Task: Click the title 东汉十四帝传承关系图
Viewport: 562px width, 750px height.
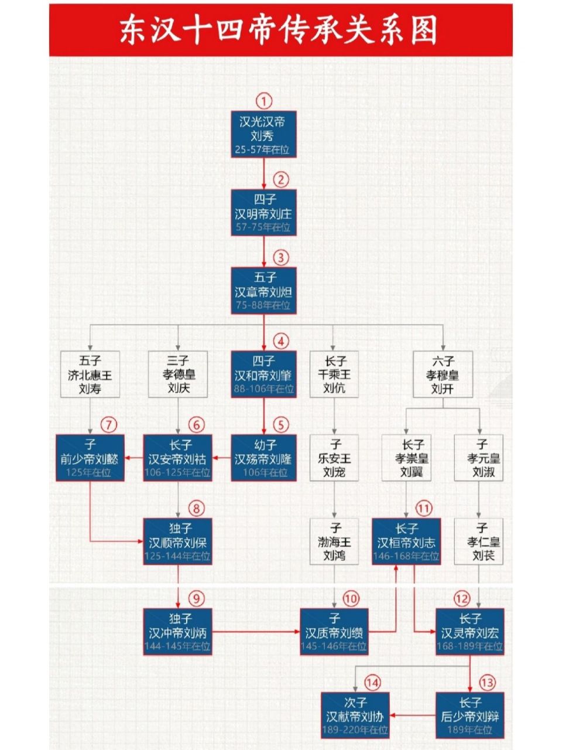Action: [280, 30]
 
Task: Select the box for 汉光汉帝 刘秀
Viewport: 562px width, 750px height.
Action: [263, 135]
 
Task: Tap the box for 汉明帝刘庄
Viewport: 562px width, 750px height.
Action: [263, 213]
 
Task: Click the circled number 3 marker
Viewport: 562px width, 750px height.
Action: [281, 257]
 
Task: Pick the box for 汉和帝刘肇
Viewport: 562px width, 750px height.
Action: [263, 374]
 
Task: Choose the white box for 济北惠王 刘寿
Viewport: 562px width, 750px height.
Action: [90, 374]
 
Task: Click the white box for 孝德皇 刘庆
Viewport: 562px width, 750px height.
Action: [178, 374]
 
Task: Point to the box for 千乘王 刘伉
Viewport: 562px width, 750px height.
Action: [334, 374]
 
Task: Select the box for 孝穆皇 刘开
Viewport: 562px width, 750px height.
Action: [443, 374]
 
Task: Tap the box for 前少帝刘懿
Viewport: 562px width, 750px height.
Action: [90, 458]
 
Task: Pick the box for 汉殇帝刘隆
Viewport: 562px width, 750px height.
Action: [263, 458]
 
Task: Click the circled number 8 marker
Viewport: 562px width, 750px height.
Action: [197, 508]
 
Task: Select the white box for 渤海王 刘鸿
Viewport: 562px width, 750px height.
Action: [334, 542]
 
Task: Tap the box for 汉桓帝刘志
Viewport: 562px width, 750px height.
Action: [406, 542]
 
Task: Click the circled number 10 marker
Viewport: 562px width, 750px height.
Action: [350, 598]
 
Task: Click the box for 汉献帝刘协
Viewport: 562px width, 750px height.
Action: [355, 715]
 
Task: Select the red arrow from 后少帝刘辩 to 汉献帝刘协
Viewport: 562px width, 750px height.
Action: [413, 715]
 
